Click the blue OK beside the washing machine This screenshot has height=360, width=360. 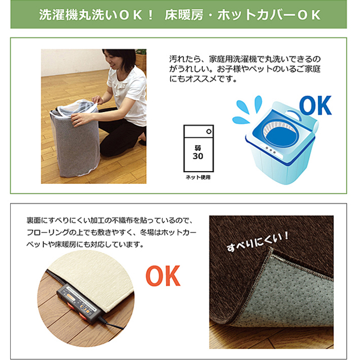coord(315,105)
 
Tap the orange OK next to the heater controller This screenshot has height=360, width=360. coord(163,276)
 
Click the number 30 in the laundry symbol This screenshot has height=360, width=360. coord(197,156)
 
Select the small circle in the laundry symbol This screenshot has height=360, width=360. coord(209,132)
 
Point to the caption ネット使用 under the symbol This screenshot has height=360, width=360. coord(198,177)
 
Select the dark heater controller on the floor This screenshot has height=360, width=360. coord(79,304)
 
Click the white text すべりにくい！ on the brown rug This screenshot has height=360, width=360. coord(258,242)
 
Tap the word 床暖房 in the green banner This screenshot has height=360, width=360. coord(184,15)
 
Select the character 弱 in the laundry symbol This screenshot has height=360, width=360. coord(197,148)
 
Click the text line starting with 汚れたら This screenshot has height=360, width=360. coord(245,59)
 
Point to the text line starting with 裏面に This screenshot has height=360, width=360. coord(110,220)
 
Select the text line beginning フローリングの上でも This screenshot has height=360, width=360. coord(111,232)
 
